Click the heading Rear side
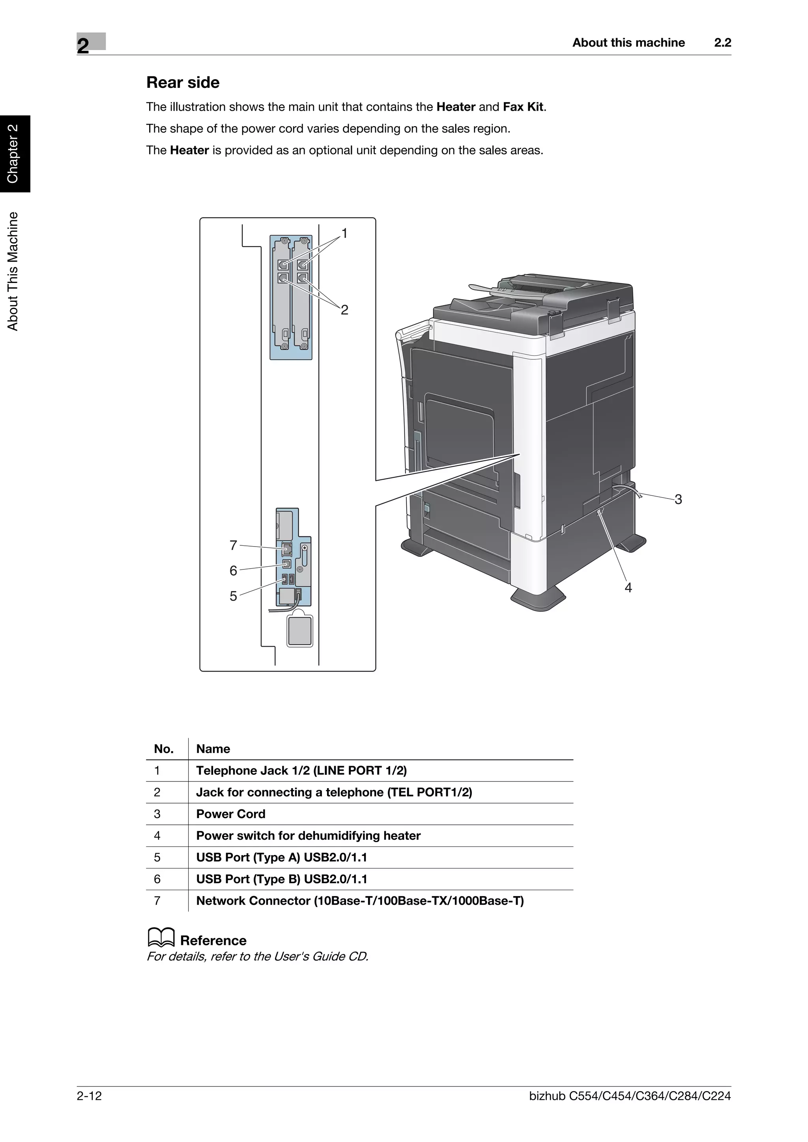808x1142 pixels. tap(183, 83)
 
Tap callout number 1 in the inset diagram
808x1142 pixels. tap(344, 233)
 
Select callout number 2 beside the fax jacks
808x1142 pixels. tap(344, 310)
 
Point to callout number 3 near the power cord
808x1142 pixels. tap(678, 499)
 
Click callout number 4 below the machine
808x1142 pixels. tap(628, 588)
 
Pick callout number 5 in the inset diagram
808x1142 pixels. tap(234, 596)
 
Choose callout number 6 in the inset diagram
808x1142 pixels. tap(234, 571)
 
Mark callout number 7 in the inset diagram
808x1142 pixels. tap(234, 546)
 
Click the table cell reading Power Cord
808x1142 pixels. tap(230, 814)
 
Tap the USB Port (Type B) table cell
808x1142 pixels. tap(281, 880)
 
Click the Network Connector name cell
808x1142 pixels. tap(359, 901)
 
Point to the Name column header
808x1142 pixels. tap(213, 749)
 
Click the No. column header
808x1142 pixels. tap(164, 749)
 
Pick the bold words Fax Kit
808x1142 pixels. tap(523, 107)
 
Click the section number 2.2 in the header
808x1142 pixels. tap(722, 43)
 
